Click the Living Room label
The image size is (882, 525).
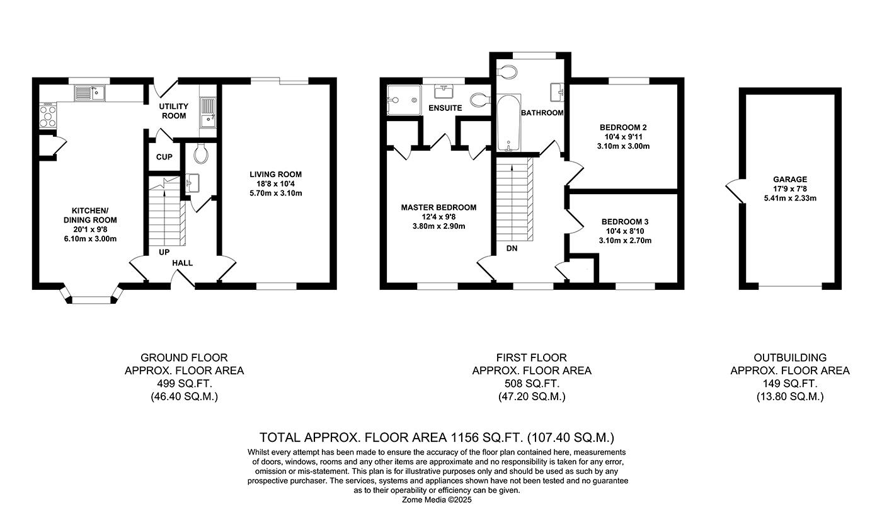[275, 175]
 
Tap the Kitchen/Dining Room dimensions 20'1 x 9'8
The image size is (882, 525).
[94, 229]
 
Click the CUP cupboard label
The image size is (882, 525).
[164, 157]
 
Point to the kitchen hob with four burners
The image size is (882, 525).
[48, 115]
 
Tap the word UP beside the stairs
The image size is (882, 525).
[164, 251]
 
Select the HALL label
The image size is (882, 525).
[183, 263]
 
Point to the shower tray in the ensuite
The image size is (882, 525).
[404, 96]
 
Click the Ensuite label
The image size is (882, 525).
[445, 108]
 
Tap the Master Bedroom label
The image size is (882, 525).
[438, 207]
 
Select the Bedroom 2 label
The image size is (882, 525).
[622, 127]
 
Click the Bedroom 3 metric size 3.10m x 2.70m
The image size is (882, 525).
[624, 240]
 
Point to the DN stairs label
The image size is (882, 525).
[512, 248]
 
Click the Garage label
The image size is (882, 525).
[789, 180]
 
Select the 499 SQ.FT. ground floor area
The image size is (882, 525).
[184, 383]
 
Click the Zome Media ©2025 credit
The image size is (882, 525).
[437, 500]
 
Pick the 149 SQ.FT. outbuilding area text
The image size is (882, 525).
[789, 383]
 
